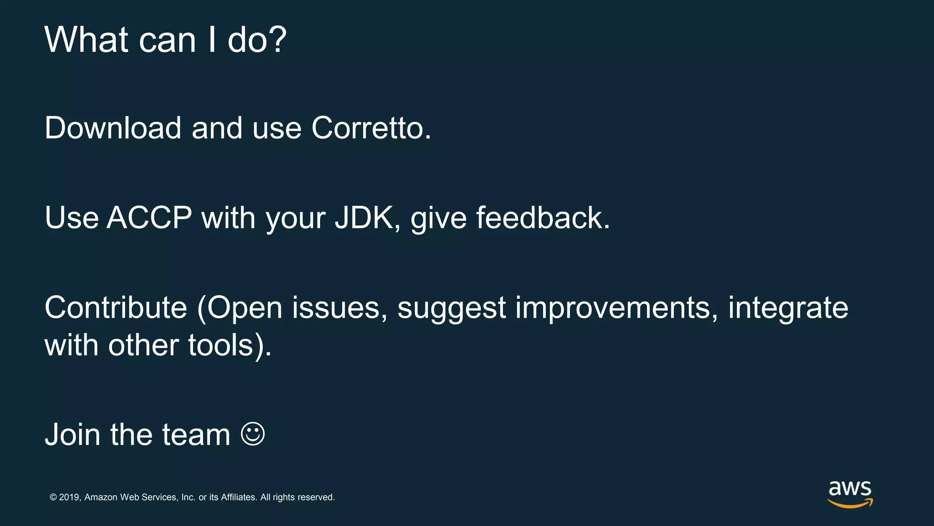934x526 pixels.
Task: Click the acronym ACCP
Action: [x=149, y=218]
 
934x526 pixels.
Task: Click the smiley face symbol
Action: [x=253, y=434]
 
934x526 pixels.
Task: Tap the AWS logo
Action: [x=850, y=494]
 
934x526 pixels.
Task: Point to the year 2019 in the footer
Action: [x=69, y=497]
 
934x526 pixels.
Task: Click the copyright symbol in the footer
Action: [x=53, y=497]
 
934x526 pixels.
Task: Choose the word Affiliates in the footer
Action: [x=238, y=497]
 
